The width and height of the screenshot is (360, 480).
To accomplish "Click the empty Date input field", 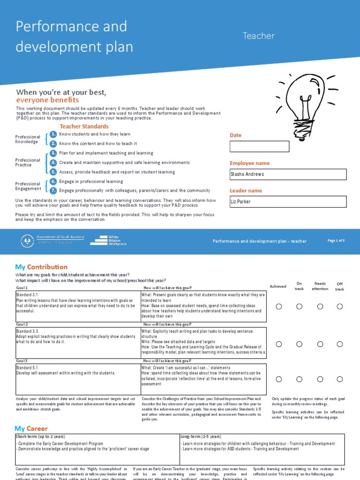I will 259,147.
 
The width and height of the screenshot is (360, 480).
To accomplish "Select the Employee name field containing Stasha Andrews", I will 288,174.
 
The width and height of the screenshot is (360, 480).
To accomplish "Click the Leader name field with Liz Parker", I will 288,202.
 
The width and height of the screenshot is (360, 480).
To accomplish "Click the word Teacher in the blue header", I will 258,36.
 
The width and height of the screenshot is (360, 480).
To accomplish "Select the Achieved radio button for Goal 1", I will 279,306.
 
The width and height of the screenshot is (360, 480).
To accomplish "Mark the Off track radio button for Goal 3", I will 339,379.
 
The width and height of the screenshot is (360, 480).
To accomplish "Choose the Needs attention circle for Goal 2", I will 320,344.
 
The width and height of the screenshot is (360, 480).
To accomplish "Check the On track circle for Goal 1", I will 299,306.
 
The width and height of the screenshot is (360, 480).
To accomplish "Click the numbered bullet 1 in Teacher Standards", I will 53,134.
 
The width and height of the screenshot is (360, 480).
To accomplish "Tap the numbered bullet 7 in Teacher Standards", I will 53,190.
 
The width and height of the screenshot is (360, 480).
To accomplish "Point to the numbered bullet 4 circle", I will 53,163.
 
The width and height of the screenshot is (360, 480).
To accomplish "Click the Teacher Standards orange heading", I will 84,127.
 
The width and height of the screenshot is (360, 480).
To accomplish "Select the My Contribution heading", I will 41,267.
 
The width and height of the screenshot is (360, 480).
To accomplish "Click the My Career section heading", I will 31,428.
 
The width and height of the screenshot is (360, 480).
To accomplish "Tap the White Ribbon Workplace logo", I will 108,240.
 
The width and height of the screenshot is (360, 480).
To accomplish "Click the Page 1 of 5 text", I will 336,240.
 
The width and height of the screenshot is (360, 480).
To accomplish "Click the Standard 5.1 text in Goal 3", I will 29,368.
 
